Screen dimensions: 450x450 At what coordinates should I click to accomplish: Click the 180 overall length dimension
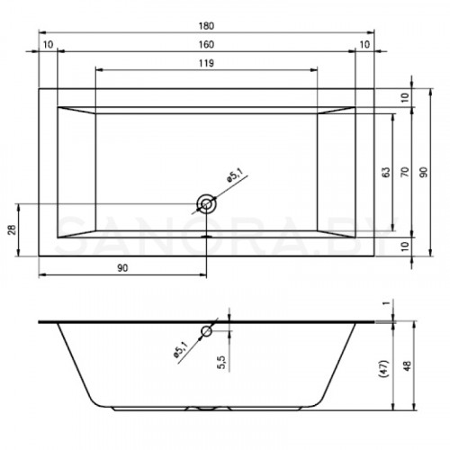point(206,26)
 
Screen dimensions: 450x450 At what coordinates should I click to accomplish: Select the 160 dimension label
point(206,45)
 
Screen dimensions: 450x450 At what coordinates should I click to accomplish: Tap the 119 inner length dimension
point(206,63)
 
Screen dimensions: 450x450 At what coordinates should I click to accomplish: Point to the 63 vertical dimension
point(387,172)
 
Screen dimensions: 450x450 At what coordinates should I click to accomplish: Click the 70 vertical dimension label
point(405,172)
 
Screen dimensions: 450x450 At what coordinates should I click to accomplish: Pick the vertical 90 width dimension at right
point(423,172)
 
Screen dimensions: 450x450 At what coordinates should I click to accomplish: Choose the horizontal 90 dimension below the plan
point(122,268)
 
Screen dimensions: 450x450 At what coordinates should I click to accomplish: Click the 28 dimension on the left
point(12,229)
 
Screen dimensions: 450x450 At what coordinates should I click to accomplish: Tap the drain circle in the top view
point(206,204)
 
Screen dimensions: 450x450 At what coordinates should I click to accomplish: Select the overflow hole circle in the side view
point(207,331)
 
